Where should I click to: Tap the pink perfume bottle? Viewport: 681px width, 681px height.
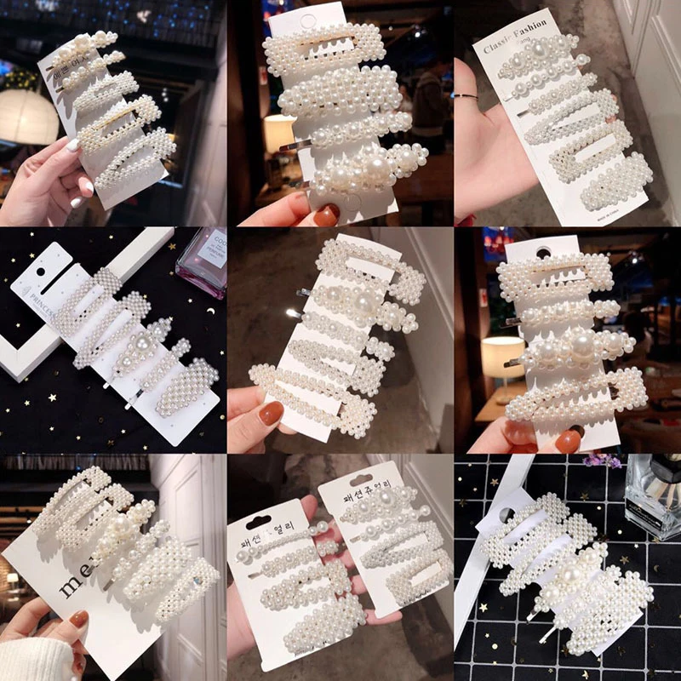[202, 260]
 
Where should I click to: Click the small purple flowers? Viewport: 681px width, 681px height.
[605, 461]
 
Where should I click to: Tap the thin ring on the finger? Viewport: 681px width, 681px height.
[466, 97]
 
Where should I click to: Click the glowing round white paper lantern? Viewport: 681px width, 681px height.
[28, 116]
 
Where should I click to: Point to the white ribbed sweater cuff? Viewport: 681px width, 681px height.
[34, 660]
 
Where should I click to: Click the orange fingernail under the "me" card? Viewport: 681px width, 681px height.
[79, 620]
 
